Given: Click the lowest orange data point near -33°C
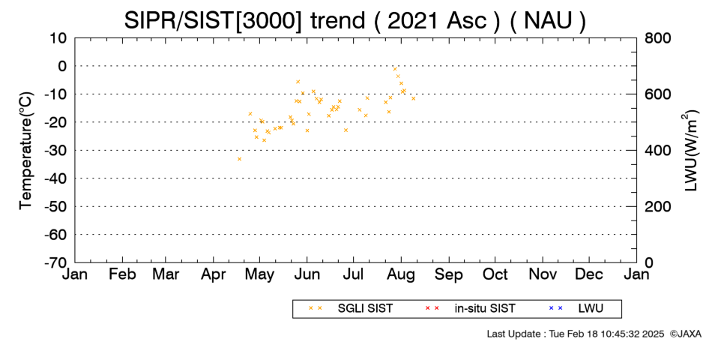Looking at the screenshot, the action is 239,159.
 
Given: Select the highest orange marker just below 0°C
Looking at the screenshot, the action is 395,69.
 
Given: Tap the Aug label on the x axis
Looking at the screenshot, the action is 401,274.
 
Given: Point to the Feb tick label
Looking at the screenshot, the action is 123,274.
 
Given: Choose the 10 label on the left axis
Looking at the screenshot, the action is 58,37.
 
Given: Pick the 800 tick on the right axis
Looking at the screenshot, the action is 658,37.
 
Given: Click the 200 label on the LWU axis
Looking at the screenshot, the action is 658,206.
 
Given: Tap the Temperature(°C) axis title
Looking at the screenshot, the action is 27,151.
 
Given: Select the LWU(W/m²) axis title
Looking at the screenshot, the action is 690,151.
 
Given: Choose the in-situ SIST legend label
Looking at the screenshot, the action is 485,309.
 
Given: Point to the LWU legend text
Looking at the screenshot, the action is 591,309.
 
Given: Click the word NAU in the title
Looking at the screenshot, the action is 548,20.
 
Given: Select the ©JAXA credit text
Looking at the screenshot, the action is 685,334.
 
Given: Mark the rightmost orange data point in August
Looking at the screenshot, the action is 413,98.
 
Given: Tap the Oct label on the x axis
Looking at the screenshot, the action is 495,274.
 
